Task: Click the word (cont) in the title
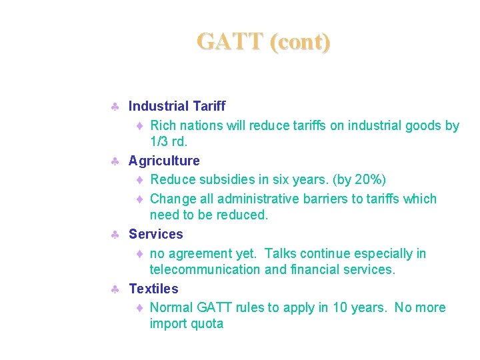tap(300, 42)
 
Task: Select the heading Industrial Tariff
tap(177, 106)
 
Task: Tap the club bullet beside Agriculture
tap(115, 161)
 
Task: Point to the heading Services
tap(155, 234)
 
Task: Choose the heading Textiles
tap(153, 289)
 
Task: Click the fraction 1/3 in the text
tap(159, 142)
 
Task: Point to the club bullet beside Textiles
tap(115, 289)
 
